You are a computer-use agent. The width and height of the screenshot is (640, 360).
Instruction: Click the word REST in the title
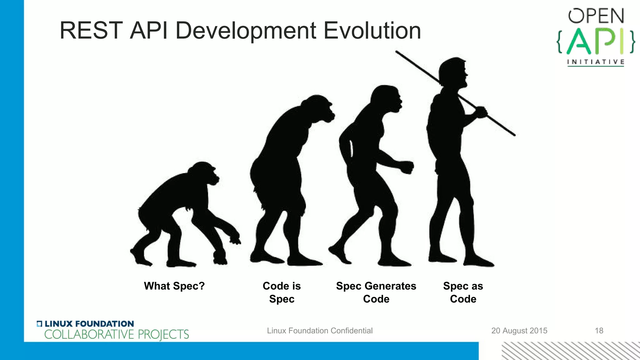point(90,31)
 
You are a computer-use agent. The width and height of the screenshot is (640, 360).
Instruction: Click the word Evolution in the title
point(372,31)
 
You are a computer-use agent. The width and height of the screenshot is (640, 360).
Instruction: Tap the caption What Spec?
point(174,286)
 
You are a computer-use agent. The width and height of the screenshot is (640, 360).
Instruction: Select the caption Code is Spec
point(282,292)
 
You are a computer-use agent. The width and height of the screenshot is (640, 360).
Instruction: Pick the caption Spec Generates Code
point(376,292)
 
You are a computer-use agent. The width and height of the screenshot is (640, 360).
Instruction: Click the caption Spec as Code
point(463,292)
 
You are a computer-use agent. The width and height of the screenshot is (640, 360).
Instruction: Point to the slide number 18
point(599,331)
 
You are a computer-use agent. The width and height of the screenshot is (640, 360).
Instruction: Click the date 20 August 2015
point(519,331)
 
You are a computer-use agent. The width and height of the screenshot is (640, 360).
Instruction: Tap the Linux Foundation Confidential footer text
point(319,331)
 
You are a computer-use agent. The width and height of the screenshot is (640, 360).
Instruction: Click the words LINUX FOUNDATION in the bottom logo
point(89,324)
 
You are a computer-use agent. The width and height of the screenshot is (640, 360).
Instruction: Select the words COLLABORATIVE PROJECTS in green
point(117,335)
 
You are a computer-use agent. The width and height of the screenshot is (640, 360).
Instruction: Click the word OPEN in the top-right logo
point(596,16)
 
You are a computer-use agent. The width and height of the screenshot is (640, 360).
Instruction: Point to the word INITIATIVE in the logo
point(596,62)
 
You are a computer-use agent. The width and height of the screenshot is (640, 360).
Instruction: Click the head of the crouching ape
point(205,173)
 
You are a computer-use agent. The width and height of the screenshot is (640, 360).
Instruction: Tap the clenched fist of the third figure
point(407,167)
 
